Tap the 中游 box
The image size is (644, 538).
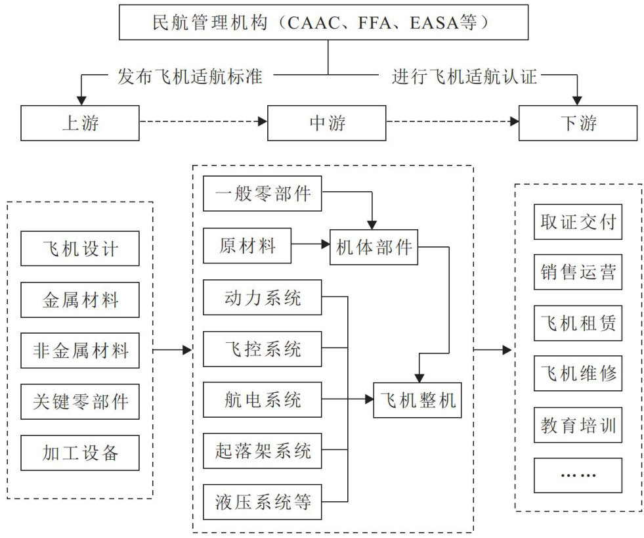click(x=326, y=122)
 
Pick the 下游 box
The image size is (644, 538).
click(x=578, y=122)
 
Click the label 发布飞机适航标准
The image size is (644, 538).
click(x=190, y=76)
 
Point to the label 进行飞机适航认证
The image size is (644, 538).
click(x=465, y=76)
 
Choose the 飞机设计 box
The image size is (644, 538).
click(x=79, y=248)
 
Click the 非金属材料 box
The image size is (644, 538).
click(x=79, y=350)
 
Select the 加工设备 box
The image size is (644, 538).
click(x=79, y=453)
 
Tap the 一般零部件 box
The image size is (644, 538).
click(x=263, y=194)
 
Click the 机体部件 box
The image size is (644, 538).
click(x=374, y=247)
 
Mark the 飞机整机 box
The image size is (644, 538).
click(x=418, y=399)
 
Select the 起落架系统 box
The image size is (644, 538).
click(x=263, y=451)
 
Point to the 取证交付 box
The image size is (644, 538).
click(x=578, y=221)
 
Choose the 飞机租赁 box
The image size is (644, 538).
click(x=578, y=322)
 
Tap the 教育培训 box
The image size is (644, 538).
click(x=578, y=424)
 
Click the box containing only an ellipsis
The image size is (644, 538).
click(x=578, y=475)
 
